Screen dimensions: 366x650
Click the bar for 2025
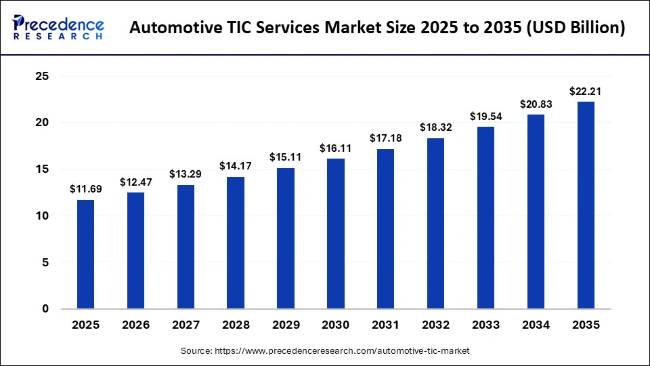(85, 254)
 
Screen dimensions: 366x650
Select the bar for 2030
(336, 234)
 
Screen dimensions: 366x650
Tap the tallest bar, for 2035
(586, 205)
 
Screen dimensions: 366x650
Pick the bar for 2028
(236, 243)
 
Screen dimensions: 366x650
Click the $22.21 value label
(586, 91)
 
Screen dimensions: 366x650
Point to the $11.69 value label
(85, 189)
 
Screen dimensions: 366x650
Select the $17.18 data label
(385, 138)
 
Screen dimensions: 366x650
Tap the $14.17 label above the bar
(236, 165)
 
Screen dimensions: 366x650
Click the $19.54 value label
(485, 116)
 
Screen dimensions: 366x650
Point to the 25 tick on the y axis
(42, 77)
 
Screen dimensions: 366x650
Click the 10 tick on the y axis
(42, 216)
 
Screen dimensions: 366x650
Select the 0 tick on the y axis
(45, 309)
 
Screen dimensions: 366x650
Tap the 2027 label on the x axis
(186, 325)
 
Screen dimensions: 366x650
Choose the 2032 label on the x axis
(435, 325)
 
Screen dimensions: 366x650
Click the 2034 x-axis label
(536, 325)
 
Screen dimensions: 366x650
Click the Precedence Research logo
(58, 28)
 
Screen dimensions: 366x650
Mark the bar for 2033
(485, 218)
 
